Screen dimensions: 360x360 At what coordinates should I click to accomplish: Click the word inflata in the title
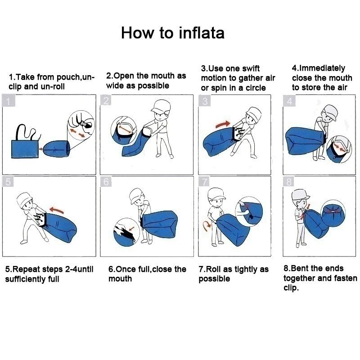click(201, 32)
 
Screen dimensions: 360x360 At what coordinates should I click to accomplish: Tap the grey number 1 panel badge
click(9, 101)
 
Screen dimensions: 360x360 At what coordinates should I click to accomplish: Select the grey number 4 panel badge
click(289, 101)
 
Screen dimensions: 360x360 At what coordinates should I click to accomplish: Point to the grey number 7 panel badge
click(204, 182)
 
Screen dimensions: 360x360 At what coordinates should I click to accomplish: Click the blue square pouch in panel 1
click(25, 149)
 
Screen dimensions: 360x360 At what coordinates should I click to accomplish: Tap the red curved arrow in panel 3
click(223, 124)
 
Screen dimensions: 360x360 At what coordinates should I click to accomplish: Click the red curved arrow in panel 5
click(57, 210)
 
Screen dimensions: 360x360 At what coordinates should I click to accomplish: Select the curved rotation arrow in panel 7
click(207, 226)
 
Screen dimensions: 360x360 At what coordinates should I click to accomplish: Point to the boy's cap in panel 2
click(161, 106)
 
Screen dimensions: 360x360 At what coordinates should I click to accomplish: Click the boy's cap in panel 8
click(300, 195)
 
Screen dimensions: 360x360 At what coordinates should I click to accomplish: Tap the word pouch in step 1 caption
click(67, 77)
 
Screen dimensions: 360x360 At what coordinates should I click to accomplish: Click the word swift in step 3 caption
click(249, 68)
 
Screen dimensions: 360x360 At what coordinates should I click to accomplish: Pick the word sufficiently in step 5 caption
click(25, 279)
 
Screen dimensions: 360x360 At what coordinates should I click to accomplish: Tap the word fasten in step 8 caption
click(346, 278)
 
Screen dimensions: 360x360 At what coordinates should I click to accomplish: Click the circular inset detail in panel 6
click(126, 232)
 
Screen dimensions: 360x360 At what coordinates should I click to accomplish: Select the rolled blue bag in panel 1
click(57, 149)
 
